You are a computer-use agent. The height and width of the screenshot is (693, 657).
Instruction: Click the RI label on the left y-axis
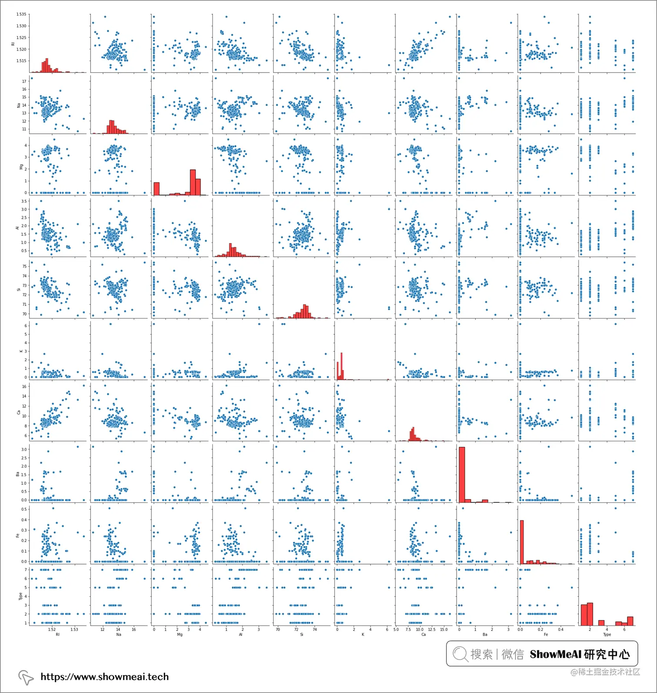point(13,43)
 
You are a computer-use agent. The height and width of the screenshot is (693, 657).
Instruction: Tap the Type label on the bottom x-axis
point(607,634)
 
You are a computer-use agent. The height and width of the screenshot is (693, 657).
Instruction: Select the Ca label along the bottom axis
point(424,634)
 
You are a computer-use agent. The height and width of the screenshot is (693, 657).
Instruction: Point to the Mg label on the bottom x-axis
point(180,634)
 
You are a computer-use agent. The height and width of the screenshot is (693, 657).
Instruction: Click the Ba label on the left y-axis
point(18,474)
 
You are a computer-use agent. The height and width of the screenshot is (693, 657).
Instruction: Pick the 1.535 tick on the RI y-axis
point(21,14)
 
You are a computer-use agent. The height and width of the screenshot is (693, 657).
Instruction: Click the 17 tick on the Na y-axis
point(24,81)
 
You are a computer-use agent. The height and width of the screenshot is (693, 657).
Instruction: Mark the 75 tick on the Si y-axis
point(24,266)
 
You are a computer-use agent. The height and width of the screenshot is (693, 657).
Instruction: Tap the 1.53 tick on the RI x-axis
point(74,629)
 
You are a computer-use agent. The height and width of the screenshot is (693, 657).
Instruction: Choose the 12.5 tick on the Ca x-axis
point(431,629)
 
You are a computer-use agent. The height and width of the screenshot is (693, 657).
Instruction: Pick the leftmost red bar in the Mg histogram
point(156,188)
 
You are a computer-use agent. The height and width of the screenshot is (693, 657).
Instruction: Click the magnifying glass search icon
point(460,654)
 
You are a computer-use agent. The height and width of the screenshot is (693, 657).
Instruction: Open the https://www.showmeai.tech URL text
point(104,676)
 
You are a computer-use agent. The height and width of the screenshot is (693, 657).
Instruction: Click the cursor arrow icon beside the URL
point(26,677)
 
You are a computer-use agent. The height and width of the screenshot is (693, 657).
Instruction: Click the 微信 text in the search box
point(513,654)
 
